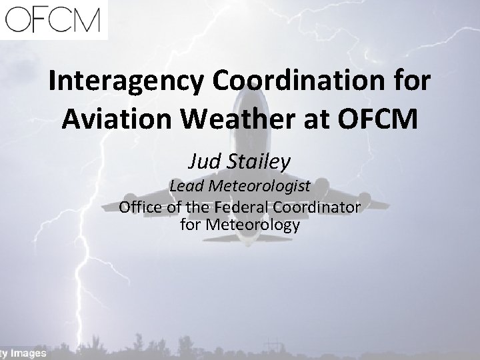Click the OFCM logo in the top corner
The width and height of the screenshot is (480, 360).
click(x=51, y=18)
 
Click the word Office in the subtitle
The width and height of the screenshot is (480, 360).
click(x=141, y=207)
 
